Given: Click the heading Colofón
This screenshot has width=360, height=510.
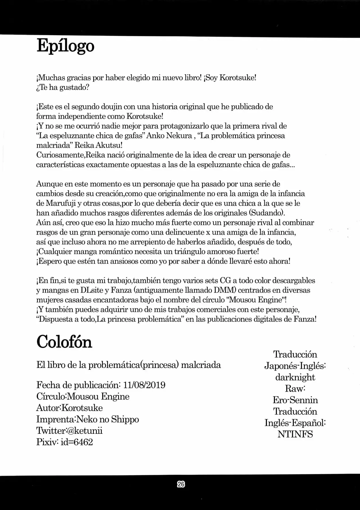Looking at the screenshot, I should (64, 342).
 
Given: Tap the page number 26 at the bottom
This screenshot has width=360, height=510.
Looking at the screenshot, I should (181, 484).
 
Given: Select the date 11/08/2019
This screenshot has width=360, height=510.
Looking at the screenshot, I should (146, 385).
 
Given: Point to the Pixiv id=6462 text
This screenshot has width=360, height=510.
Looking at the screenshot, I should (64, 442).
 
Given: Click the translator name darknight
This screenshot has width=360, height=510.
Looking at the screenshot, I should (295, 377).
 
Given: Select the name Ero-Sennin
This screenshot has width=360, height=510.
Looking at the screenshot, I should (295, 400).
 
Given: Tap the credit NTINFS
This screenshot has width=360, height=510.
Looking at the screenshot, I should (295, 434).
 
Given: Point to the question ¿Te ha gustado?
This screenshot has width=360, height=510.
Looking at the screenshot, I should (62, 87).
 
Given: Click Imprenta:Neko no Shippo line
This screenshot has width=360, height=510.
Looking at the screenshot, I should (87, 419).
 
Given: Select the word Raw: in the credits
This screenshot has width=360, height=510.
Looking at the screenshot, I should (295, 388).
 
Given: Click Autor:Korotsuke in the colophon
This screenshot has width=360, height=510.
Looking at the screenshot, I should (69, 408).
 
